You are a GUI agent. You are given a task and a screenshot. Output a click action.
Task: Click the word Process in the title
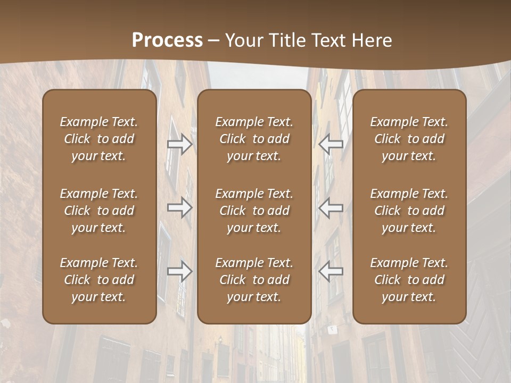[x=167, y=40]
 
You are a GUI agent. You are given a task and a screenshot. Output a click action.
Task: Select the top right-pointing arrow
[x=179, y=144]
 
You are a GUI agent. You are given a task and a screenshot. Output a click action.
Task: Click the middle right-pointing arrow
[x=179, y=207]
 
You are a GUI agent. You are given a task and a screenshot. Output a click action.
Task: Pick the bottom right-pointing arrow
[x=179, y=271]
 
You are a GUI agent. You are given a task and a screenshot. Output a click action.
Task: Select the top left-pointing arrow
[x=331, y=144]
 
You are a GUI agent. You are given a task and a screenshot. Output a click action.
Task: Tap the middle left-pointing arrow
[x=331, y=207]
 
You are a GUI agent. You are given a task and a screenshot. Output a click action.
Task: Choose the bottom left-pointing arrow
[x=331, y=271]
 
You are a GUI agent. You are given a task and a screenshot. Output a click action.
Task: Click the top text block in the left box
[x=99, y=139]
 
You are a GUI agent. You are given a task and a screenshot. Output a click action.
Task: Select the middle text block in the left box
[x=99, y=211]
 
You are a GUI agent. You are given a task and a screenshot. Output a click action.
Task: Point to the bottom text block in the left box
[x=99, y=280]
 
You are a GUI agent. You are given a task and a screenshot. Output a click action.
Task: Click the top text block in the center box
[x=254, y=139]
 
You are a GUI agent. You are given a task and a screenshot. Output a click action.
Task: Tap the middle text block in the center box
[x=254, y=211]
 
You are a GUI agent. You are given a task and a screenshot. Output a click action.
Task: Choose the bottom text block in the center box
[x=254, y=280]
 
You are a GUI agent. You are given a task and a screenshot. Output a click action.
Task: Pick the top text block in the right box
[x=409, y=139]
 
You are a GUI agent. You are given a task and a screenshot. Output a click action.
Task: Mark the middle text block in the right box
[x=409, y=211]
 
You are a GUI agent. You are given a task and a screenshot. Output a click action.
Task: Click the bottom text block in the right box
[x=409, y=280]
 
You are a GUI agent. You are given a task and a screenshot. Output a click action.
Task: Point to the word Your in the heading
[x=243, y=40]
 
